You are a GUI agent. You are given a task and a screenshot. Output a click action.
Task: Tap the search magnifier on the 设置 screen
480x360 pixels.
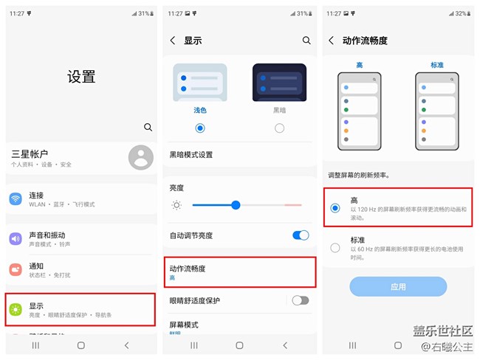[x=148, y=127]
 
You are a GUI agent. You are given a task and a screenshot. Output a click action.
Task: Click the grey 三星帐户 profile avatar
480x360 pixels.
[x=140, y=157]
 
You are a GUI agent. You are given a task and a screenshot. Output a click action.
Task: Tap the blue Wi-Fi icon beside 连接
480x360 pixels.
[x=16, y=199]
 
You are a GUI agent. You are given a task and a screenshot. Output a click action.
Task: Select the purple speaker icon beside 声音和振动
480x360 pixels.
[x=16, y=238]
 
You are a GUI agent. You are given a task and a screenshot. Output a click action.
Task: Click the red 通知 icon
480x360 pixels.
[x=16, y=270]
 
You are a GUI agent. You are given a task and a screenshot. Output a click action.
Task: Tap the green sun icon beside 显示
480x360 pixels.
[x=16, y=309]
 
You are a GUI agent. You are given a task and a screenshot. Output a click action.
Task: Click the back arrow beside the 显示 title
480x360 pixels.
[x=173, y=41]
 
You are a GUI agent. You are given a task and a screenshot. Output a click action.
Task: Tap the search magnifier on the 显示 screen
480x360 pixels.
[x=306, y=41]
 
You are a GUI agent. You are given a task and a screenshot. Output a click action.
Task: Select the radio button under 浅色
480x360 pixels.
[x=200, y=128]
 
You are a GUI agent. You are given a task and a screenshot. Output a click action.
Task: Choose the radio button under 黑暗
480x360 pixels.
[x=279, y=128]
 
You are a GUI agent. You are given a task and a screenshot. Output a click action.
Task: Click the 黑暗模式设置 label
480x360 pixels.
[x=191, y=155]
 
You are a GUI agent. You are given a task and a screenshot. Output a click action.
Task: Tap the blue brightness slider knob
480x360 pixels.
[x=236, y=204]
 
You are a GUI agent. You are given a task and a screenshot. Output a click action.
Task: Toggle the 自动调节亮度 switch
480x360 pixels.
[x=301, y=235]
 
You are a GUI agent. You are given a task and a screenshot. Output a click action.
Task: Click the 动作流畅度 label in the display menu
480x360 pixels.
[x=188, y=269]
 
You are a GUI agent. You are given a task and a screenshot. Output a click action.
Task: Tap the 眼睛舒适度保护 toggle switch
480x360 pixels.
[x=301, y=300]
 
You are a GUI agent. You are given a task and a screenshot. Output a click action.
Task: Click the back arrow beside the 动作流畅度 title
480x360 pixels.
[x=331, y=41]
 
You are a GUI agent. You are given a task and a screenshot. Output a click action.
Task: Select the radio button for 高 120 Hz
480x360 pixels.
[x=335, y=208]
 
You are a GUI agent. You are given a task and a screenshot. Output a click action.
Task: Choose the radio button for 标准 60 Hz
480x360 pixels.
[x=335, y=248]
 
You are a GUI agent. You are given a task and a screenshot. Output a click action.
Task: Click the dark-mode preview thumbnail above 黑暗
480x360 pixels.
[x=279, y=83]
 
